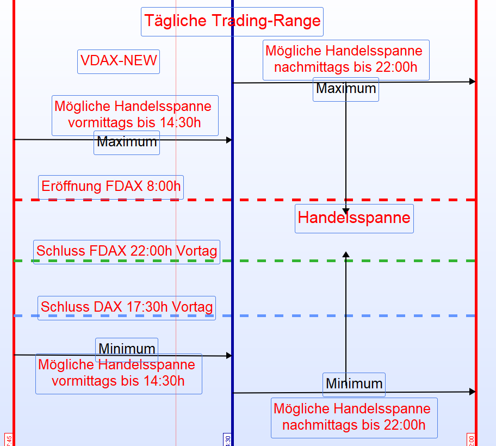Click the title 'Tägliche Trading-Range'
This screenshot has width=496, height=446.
(x=232, y=21)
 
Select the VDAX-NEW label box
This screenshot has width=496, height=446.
(x=119, y=60)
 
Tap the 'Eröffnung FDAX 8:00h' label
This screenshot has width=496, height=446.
(x=111, y=187)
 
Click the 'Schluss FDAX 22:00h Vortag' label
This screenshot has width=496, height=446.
(x=127, y=251)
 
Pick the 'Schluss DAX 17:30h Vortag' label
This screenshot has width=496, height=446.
(x=127, y=307)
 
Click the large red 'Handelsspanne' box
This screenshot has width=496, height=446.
(x=354, y=218)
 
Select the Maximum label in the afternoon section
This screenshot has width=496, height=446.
(x=346, y=89)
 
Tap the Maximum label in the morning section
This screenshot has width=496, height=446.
(x=127, y=143)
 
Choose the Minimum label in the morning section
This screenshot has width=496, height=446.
(x=127, y=349)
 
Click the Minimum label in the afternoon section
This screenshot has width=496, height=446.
(x=354, y=384)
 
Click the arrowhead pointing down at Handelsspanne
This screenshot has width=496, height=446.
(x=346, y=210)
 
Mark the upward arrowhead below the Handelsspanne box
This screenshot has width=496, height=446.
(x=346, y=254)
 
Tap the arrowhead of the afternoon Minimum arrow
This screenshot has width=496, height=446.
(x=472, y=392)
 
